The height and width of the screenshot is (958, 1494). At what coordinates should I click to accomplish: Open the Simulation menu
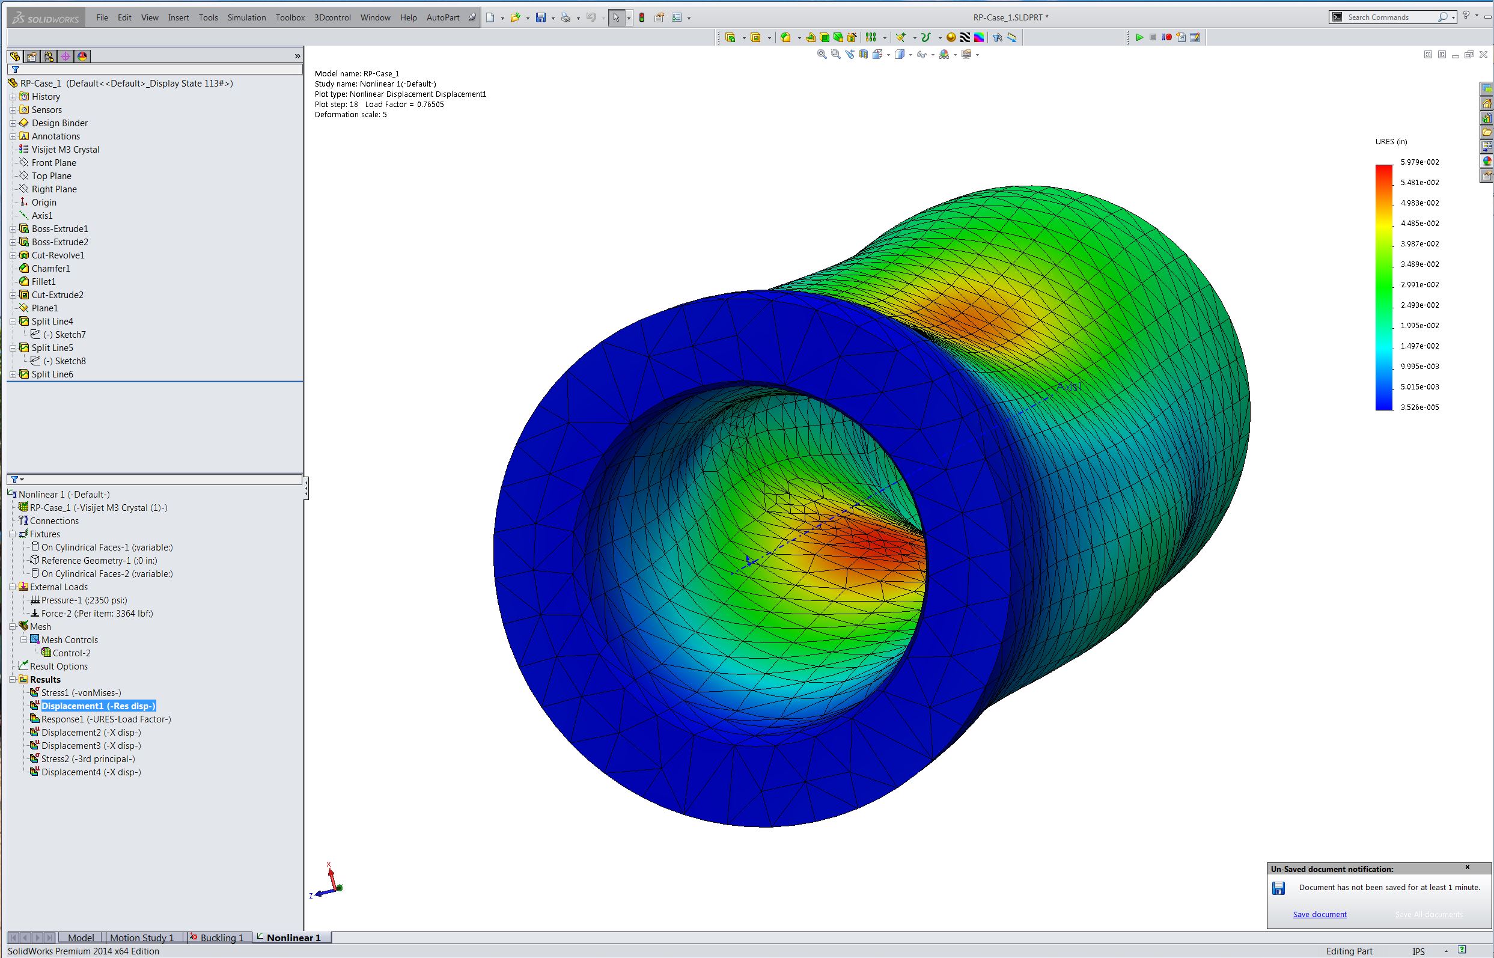(246, 17)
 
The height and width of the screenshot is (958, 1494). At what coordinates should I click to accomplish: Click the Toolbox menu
(290, 17)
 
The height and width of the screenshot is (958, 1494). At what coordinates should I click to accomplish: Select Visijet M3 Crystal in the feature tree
(66, 149)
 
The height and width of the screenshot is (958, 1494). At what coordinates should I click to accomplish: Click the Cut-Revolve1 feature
(58, 255)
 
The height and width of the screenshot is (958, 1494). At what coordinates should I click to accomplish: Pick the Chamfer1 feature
(51, 268)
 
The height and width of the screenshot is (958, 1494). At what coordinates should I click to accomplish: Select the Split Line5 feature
(52, 348)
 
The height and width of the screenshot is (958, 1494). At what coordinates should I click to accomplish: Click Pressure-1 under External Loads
(84, 600)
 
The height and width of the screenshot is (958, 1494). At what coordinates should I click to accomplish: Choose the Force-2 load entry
(97, 614)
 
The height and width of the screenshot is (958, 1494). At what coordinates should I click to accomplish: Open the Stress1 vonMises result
(81, 692)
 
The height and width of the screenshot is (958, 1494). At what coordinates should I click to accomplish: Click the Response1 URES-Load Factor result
(106, 719)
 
